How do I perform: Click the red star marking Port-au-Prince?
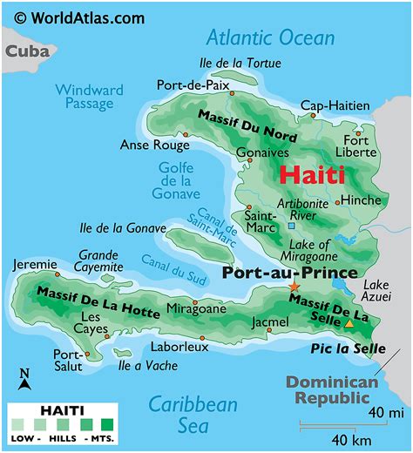click(x=294, y=287)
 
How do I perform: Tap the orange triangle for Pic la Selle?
click(x=349, y=323)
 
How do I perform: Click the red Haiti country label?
click(x=312, y=174)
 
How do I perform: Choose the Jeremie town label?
click(x=34, y=264)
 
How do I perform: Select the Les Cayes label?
click(x=91, y=323)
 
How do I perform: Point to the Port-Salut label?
click(x=68, y=361)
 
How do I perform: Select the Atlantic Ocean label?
click(x=270, y=37)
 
